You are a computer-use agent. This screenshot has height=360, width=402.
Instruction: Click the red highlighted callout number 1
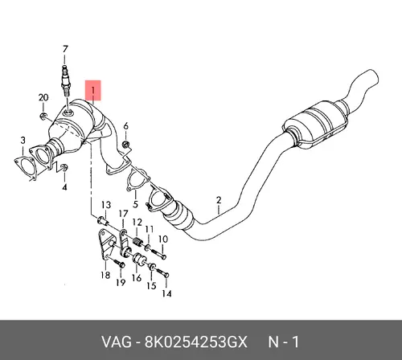click(x=93, y=90)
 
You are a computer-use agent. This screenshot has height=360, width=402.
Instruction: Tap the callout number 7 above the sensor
click(x=65, y=50)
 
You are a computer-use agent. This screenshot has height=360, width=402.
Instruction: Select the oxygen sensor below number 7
click(x=65, y=80)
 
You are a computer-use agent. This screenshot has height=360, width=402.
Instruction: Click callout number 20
click(x=43, y=98)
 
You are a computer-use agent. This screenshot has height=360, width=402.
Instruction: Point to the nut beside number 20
click(x=43, y=117)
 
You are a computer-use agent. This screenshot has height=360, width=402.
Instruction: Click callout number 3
click(x=23, y=140)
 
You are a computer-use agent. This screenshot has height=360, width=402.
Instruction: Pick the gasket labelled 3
click(x=25, y=167)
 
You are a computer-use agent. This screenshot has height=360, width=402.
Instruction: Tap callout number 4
click(x=64, y=187)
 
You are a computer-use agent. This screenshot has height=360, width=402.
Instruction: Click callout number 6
click(x=125, y=126)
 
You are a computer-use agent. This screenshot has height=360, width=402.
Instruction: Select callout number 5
click(x=135, y=204)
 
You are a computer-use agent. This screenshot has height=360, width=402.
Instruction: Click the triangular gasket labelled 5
click(x=137, y=180)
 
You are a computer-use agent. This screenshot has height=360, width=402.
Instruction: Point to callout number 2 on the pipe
click(x=219, y=200)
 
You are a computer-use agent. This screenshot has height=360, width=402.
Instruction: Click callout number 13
click(x=106, y=205)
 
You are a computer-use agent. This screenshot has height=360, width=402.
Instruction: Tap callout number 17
click(x=123, y=214)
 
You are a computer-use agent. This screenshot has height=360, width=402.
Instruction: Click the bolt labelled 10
click(x=158, y=253)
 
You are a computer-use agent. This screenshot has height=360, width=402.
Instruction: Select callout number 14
click(x=166, y=293)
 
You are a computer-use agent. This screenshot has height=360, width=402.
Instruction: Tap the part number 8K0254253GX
click(x=195, y=342)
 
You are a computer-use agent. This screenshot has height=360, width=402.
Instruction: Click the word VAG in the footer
click(x=117, y=342)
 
